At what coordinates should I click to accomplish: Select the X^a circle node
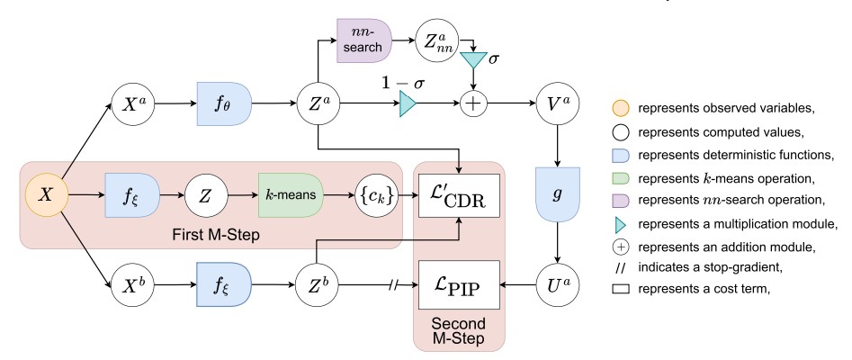click(x=131, y=103)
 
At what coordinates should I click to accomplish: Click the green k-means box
click(x=290, y=193)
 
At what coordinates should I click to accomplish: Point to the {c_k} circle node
click(x=372, y=193)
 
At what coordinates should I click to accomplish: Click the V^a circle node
click(x=555, y=103)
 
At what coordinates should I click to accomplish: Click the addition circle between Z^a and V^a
click(x=475, y=104)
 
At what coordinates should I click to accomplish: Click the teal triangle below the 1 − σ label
click(x=408, y=104)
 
